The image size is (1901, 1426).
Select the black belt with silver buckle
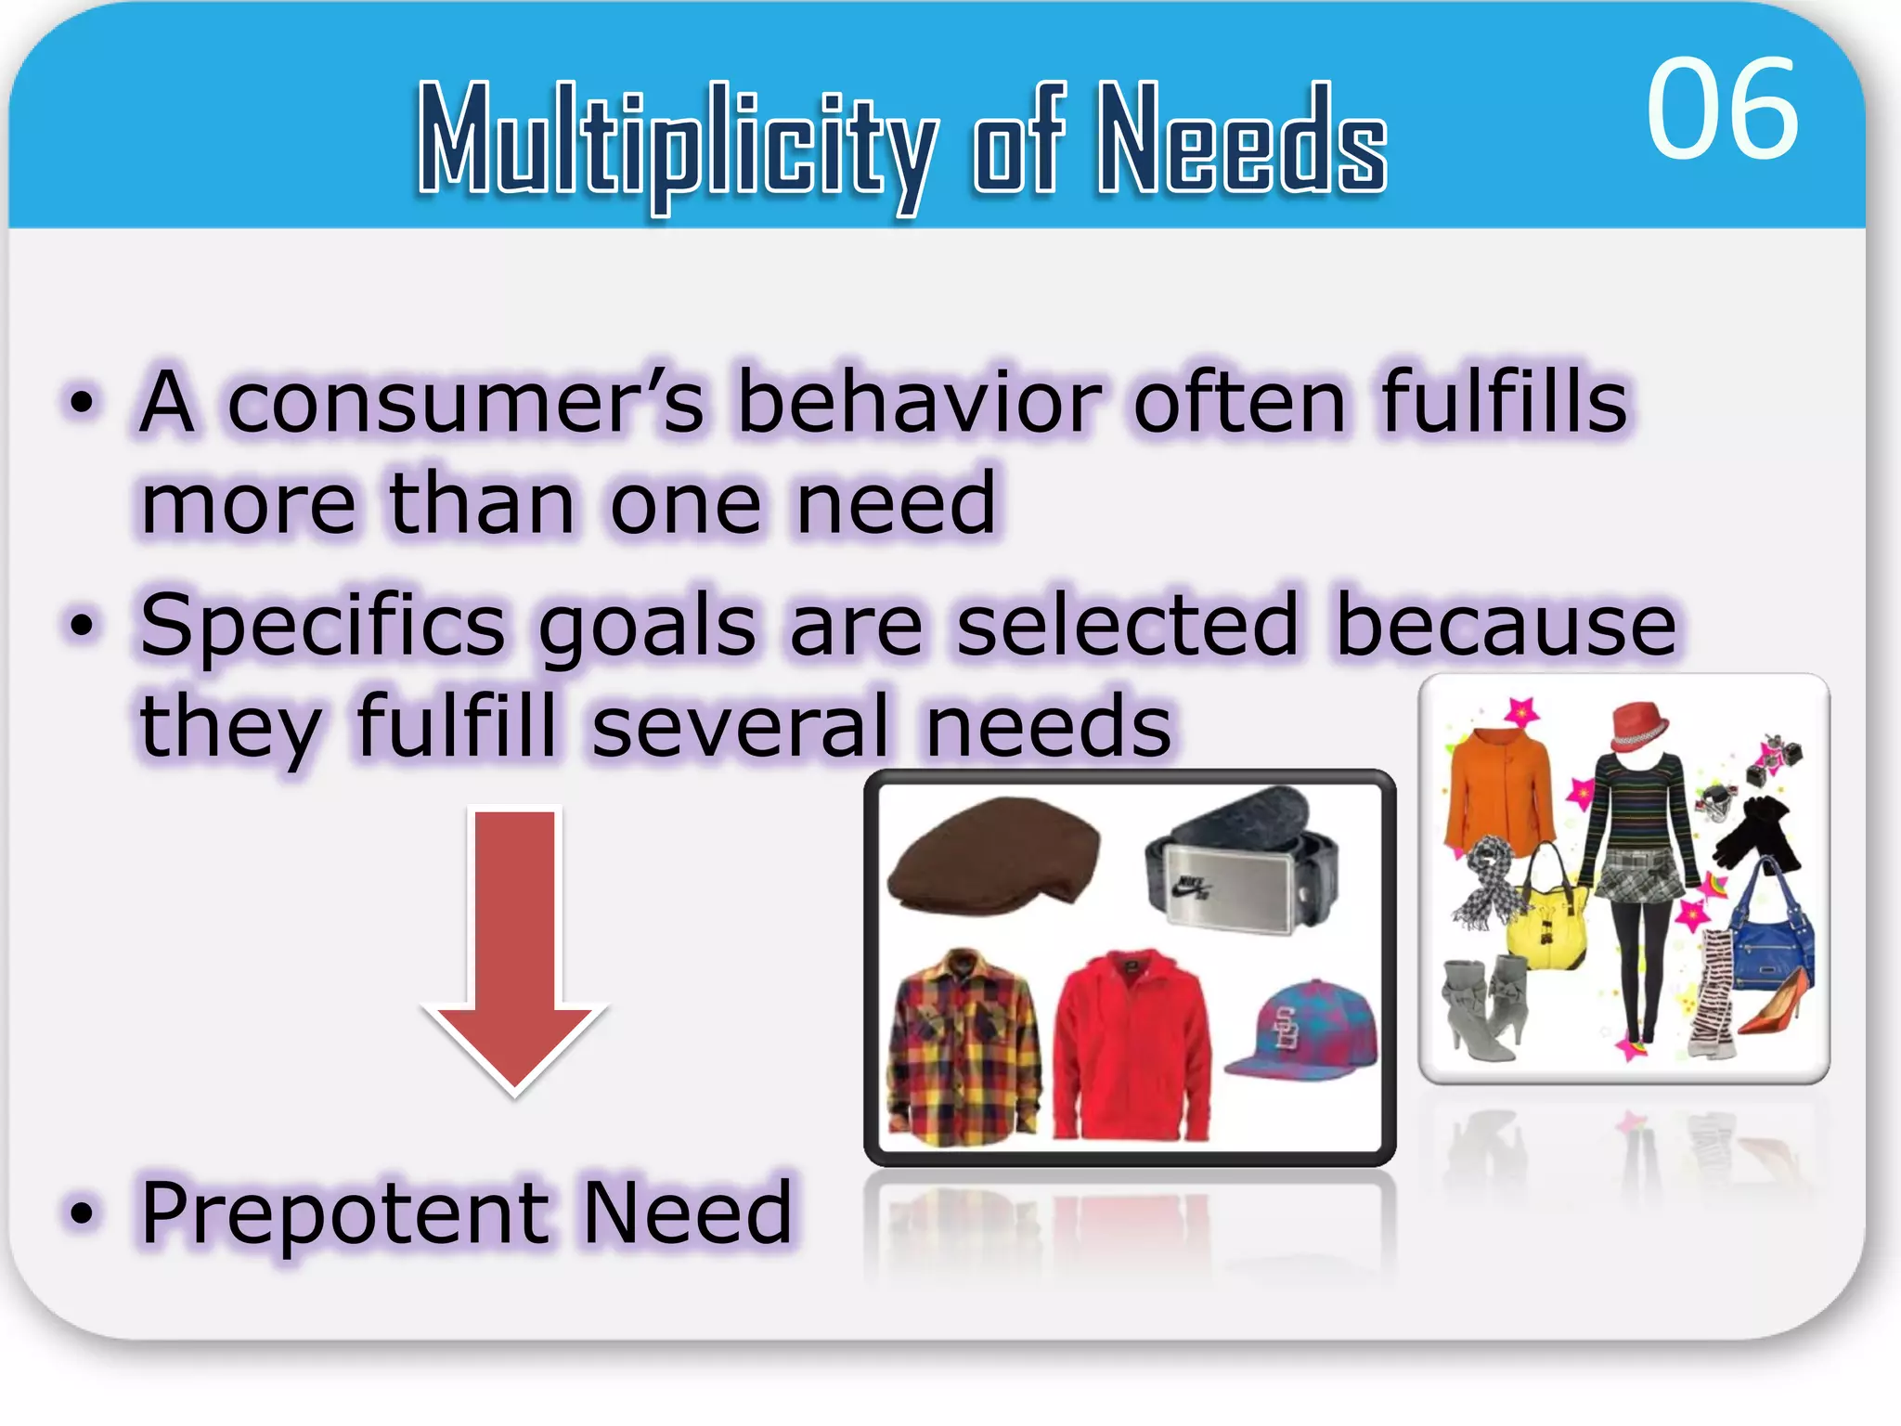tap(1244, 859)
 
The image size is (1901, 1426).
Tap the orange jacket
tap(1498, 789)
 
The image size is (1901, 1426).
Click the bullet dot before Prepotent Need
tap(83, 1212)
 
